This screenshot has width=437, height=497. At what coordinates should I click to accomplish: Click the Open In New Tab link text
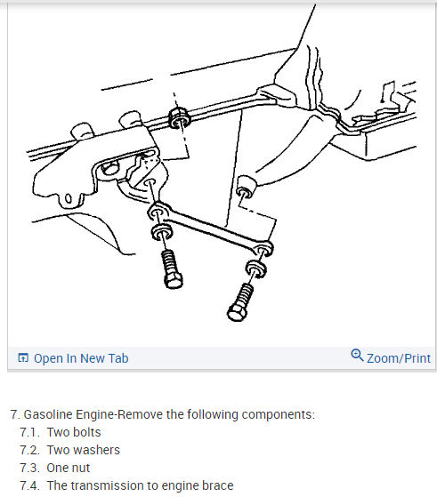pyautogui.click(x=81, y=358)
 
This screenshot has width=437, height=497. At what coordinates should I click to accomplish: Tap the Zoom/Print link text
pyautogui.click(x=399, y=358)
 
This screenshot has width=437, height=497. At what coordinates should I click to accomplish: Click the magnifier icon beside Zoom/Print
pyautogui.click(x=357, y=356)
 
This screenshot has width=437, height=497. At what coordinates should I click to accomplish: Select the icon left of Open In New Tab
pyautogui.click(x=23, y=357)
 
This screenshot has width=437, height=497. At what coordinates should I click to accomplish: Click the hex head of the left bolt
pyautogui.click(x=174, y=281)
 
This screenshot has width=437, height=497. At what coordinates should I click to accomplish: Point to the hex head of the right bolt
pyautogui.click(x=237, y=313)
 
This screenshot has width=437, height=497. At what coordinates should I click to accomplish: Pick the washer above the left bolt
pyautogui.click(x=162, y=232)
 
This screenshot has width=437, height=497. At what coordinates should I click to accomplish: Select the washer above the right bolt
pyautogui.click(x=256, y=269)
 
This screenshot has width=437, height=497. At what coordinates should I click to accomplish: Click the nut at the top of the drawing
pyautogui.click(x=179, y=118)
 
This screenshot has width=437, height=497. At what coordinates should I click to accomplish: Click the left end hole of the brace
pyautogui.click(x=156, y=213)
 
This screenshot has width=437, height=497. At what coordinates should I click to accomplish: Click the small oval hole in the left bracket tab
pyautogui.click(x=69, y=199)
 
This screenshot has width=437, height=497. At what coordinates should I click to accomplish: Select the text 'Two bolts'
pyautogui.click(x=74, y=432)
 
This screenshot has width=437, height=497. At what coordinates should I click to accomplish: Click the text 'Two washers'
pyautogui.click(x=84, y=450)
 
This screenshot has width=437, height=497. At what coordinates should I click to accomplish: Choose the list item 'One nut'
pyautogui.click(x=69, y=468)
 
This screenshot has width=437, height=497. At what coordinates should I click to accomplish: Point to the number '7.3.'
pyautogui.click(x=29, y=468)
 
